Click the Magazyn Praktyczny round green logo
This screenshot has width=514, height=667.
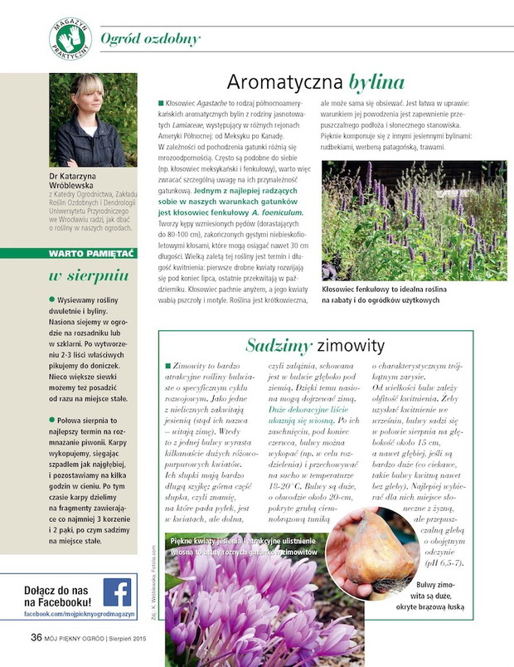[x=69, y=37]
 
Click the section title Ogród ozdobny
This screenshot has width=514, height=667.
[x=150, y=39]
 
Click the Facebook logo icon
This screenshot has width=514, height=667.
[x=117, y=592]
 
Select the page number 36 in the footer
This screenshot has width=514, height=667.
[x=36, y=638]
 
